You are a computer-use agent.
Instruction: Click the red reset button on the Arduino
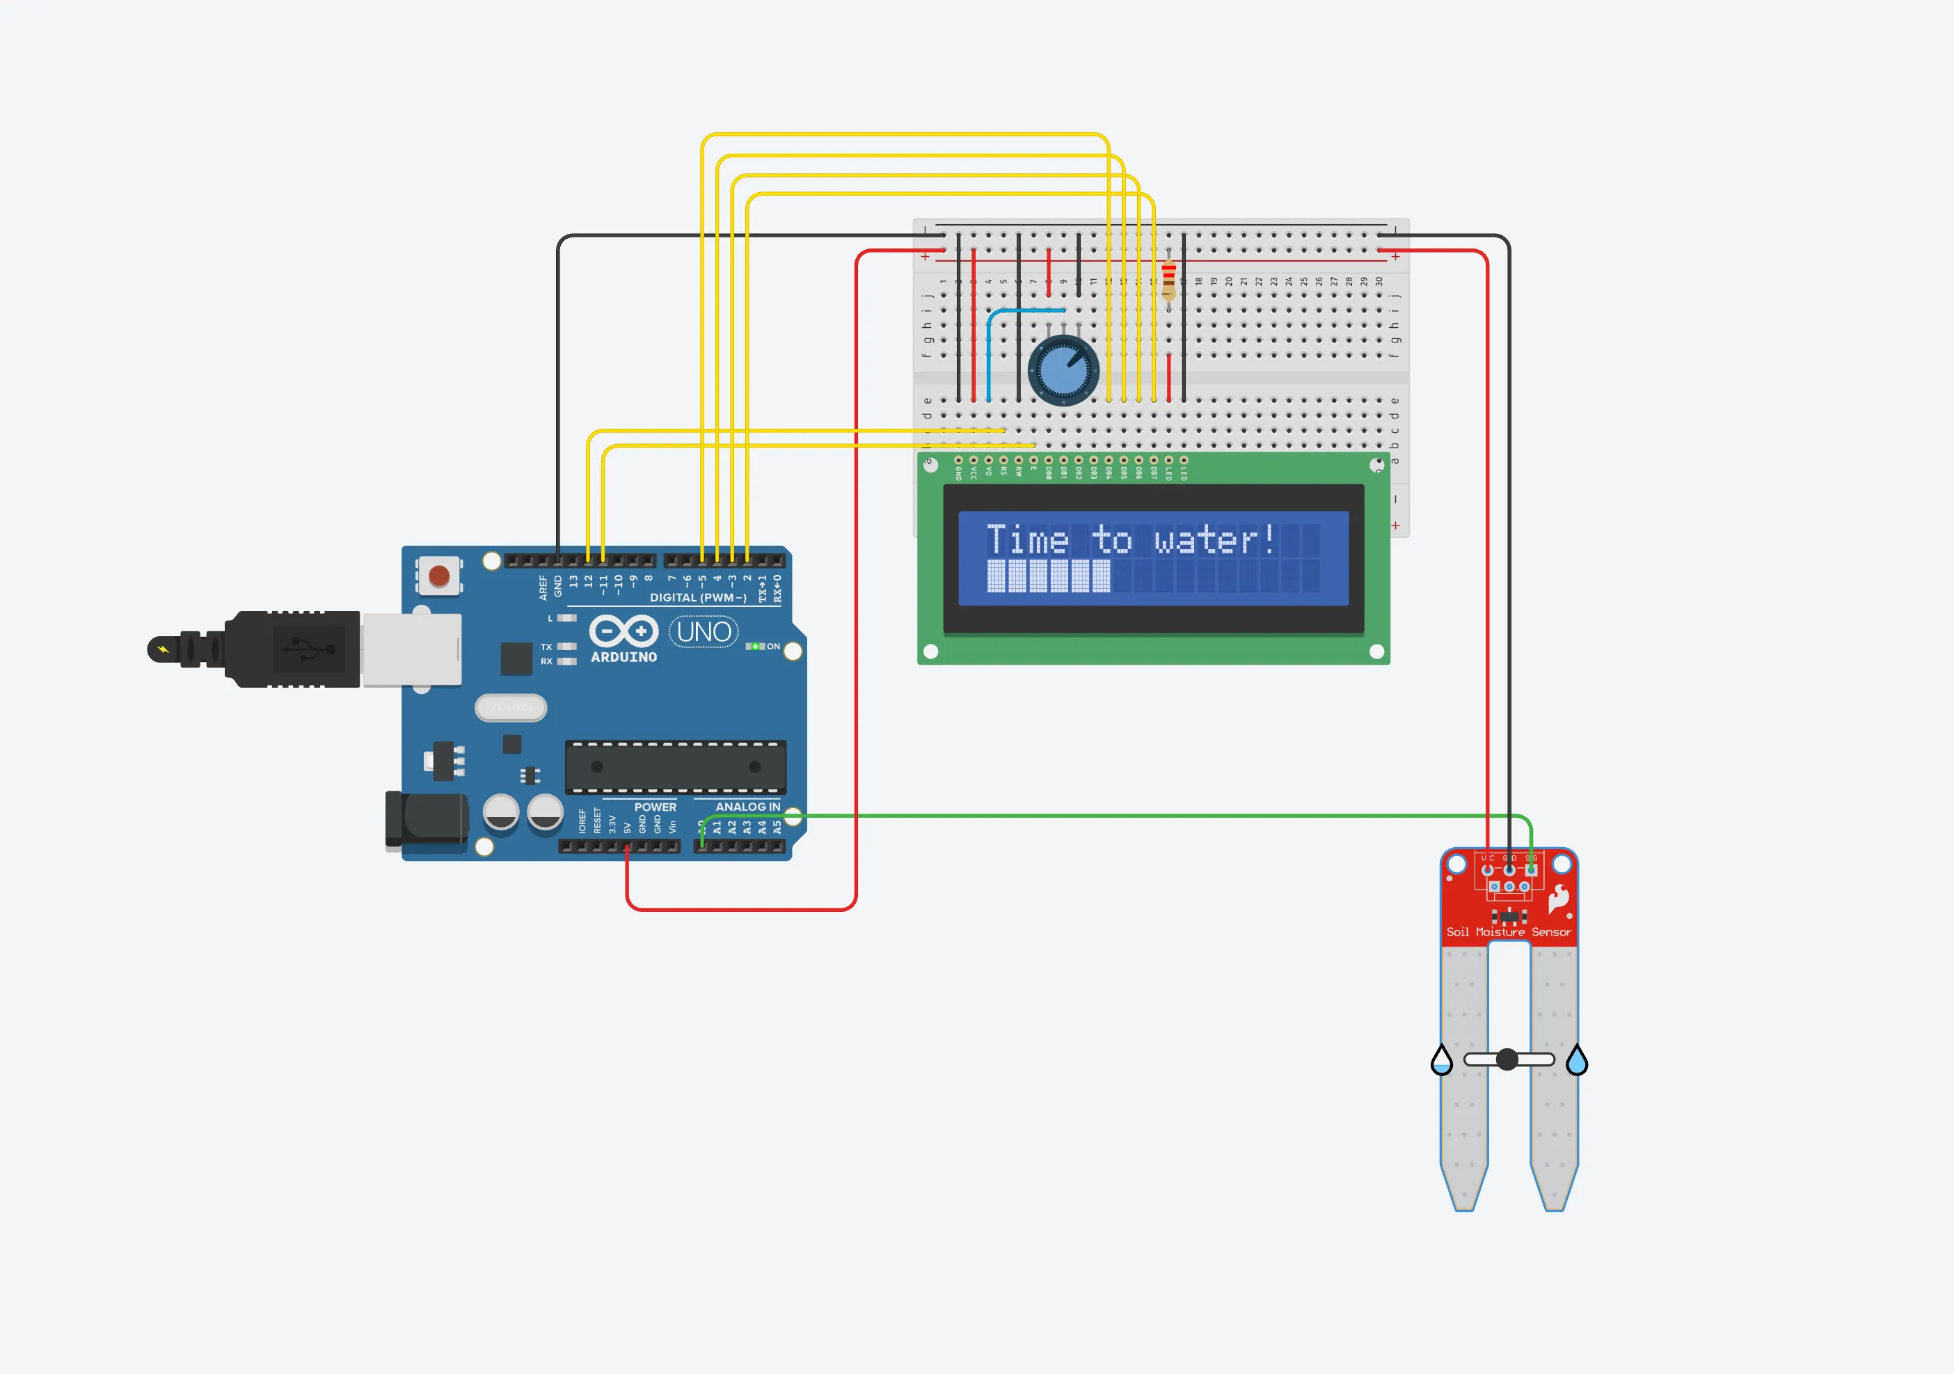tap(439, 576)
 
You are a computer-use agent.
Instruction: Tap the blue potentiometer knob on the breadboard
tap(1064, 370)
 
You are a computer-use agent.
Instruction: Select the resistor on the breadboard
tap(1168, 280)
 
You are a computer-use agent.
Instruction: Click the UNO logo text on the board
tap(704, 632)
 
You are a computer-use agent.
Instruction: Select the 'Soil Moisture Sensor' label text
tap(1508, 932)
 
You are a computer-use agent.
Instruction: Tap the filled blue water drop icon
tap(1577, 1061)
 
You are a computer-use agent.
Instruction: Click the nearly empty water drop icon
tap(1442, 1061)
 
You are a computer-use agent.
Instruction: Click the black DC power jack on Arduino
tap(428, 820)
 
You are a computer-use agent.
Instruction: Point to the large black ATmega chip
tap(676, 766)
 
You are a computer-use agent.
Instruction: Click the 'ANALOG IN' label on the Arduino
tap(747, 807)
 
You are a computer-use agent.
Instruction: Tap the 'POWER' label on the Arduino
tap(656, 807)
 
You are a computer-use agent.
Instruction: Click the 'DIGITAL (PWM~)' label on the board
tap(698, 598)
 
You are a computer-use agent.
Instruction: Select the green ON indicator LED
tap(755, 646)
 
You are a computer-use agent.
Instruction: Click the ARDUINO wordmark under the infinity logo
tap(623, 657)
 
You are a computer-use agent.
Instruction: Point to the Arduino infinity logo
tap(623, 631)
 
